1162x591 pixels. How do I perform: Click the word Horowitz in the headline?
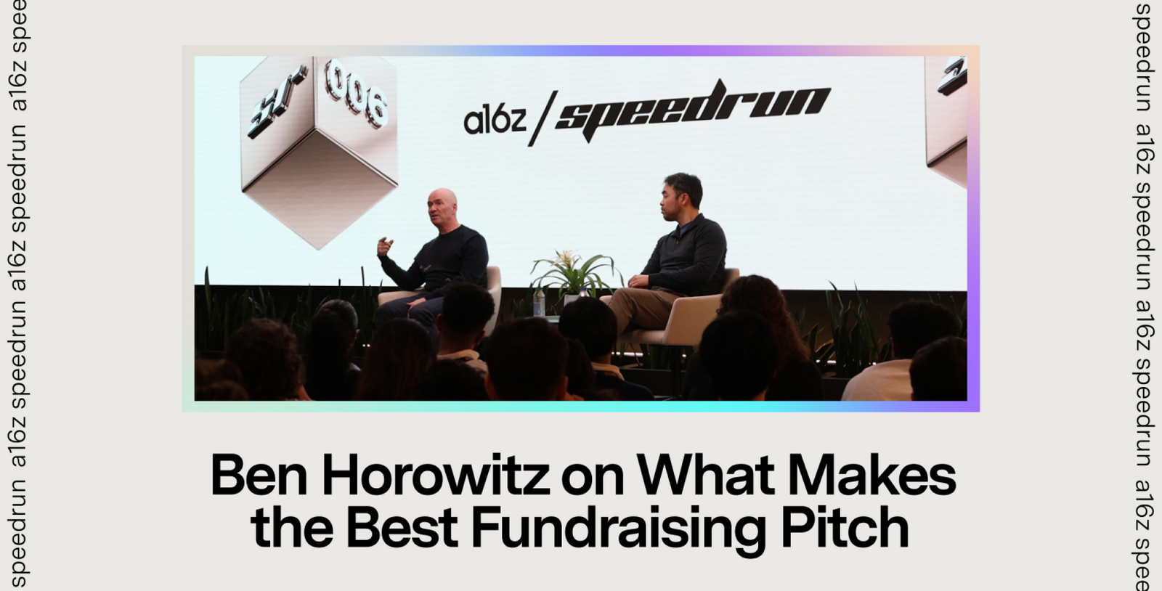(x=435, y=476)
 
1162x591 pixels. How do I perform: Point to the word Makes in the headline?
(x=872, y=476)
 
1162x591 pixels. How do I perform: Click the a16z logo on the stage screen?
(x=495, y=121)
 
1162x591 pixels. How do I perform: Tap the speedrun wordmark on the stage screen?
(x=693, y=110)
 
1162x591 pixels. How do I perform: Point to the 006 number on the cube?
(x=357, y=94)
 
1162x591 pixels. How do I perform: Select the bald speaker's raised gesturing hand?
(x=385, y=245)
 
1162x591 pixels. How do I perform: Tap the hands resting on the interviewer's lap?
(x=639, y=282)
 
